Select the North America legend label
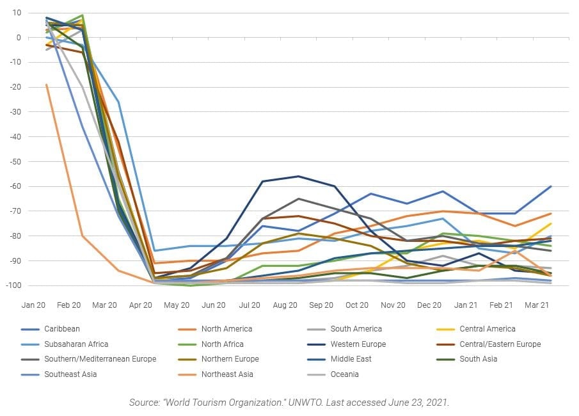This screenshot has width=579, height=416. pos(226,329)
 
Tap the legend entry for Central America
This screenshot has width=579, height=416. pos(487,329)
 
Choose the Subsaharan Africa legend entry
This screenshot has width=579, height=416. pos(75,344)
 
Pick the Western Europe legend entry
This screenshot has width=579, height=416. pos(359,344)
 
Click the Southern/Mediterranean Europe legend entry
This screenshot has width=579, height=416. pos(100,359)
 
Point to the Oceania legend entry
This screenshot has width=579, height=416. pos(344,374)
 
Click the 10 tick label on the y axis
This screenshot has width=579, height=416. pos(16,13)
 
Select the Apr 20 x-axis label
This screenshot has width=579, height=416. pos(141,306)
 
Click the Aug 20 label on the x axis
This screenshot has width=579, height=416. pos(285,306)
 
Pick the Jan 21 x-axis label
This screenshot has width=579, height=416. pos(466,306)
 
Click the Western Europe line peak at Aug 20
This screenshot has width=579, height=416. pos(297,176)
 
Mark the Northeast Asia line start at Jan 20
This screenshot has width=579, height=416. pos(46,84)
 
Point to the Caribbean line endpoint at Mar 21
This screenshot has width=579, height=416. pos(551,186)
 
